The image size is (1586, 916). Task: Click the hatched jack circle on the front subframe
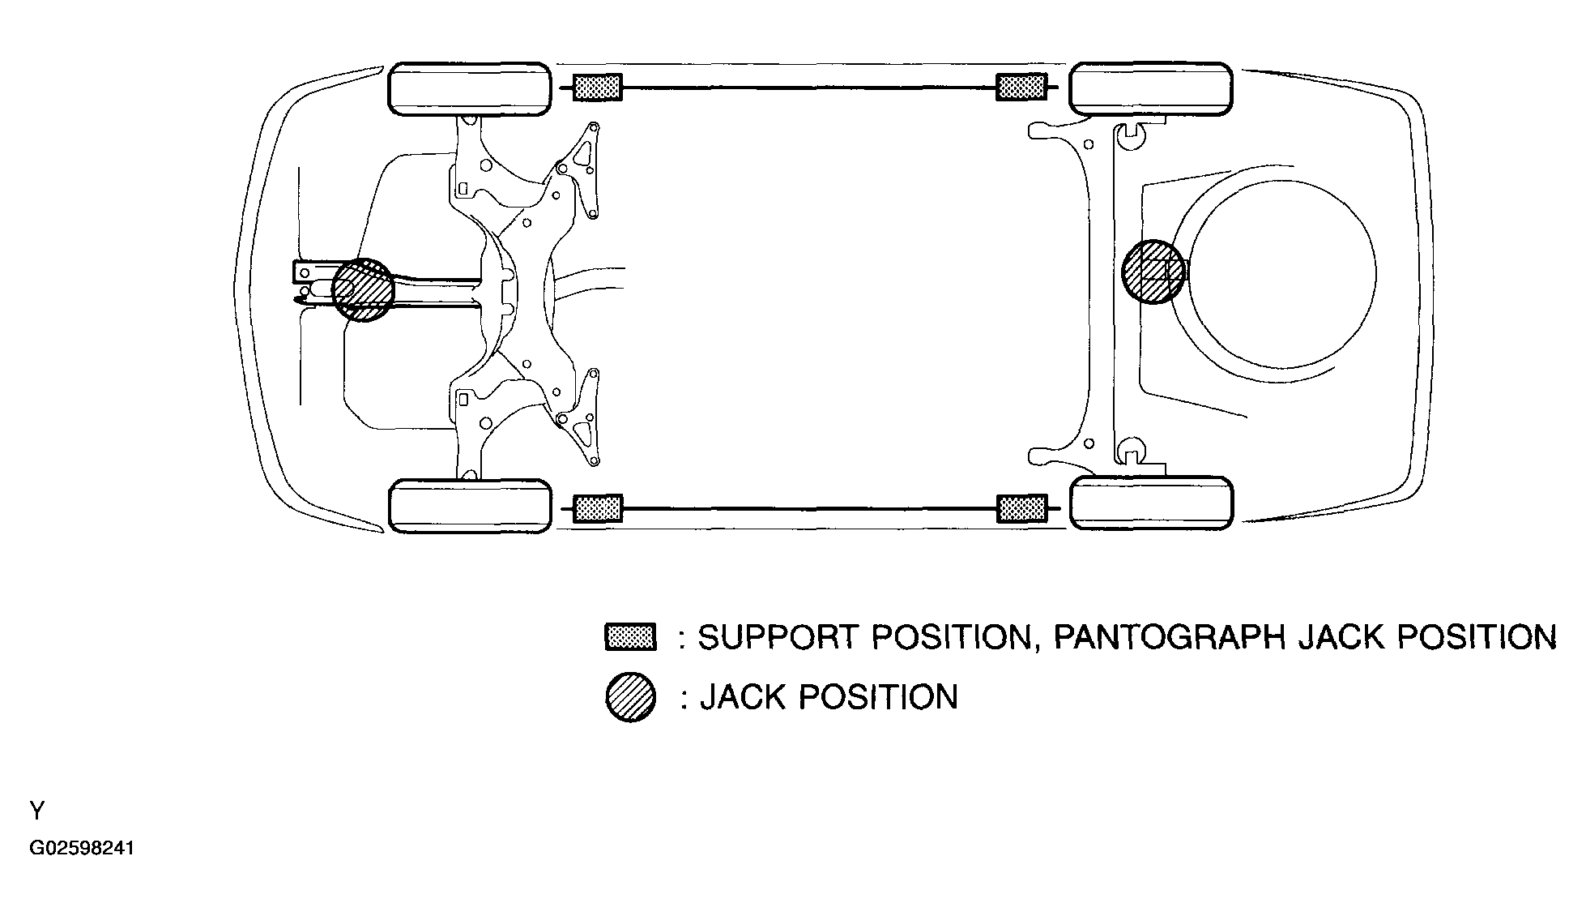[x=363, y=289]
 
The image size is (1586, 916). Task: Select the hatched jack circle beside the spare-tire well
[x=1152, y=272]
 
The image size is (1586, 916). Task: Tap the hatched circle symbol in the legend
[x=630, y=697]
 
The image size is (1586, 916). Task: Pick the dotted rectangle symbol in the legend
[x=630, y=636]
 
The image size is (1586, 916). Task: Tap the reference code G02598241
[x=82, y=849]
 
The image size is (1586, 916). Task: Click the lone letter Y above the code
[x=37, y=811]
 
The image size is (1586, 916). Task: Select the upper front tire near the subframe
[x=470, y=88]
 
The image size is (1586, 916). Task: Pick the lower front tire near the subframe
[x=470, y=506]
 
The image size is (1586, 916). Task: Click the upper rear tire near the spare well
[x=1151, y=88]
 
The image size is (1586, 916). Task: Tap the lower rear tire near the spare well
[x=1151, y=503]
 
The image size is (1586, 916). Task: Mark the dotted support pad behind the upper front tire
[x=598, y=88]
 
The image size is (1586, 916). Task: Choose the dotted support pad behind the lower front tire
[x=598, y=508]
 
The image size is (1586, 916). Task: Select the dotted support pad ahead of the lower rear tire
[x=1022, y=508]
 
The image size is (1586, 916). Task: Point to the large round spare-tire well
[x=1280, y=272]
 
